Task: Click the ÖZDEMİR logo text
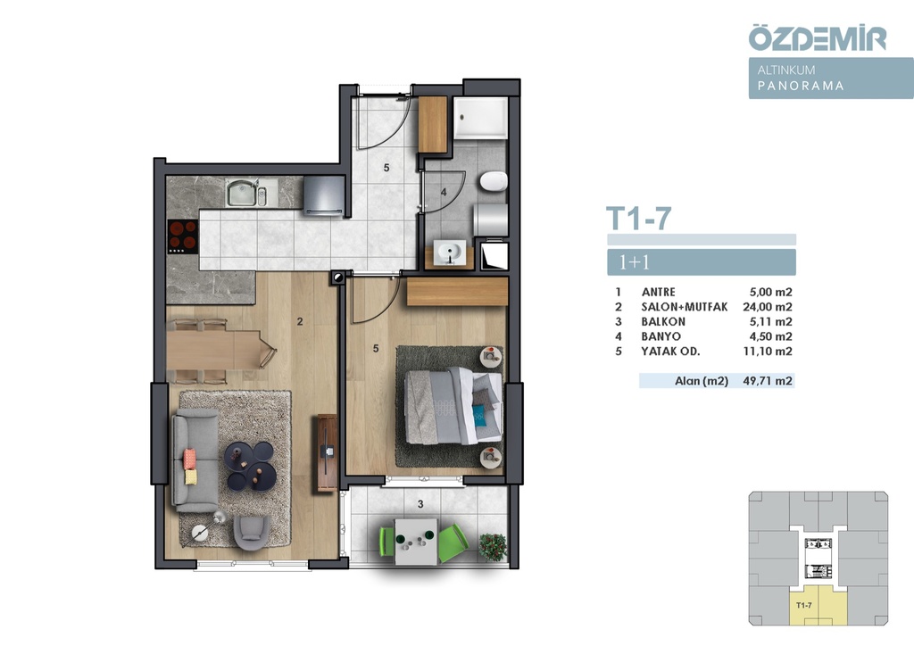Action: click(x=818, y=37)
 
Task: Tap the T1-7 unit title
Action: click(x=638, y=219)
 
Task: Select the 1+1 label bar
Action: click(x=702, y=262)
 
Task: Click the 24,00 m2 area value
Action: click(x=767, y=307)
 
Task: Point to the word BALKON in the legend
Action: click(x=663, y=321)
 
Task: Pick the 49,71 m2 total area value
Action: click(x=767, y=381)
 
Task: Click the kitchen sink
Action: click(x=246, y=193)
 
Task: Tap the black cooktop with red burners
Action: click(x=182, y=236)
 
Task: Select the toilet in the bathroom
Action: click(x=494, y=182)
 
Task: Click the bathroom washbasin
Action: click(x=450, y=253)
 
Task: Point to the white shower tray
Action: click(x=480, y=118)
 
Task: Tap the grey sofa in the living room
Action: click(x=195, y=460)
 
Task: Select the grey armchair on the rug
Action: click(x=252, y=532)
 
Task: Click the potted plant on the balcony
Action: click(x=493, y=547)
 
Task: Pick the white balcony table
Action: click(x=416, y=542)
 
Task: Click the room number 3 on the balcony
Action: click(x=420, y=504)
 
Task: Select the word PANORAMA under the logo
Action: click(x=801, y=86)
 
